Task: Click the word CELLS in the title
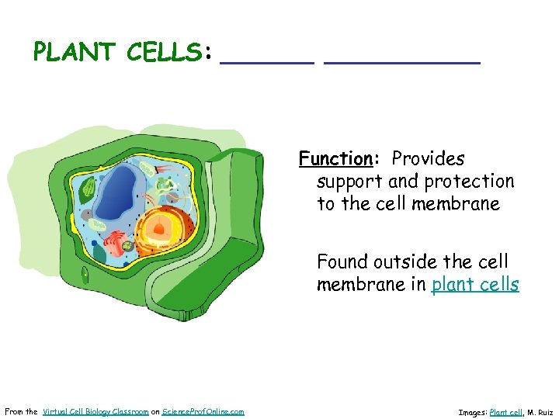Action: (164, 52)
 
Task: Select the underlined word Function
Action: (336, 159)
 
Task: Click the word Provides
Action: (428, 159)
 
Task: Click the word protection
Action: (467, 182)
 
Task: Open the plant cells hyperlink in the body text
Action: (475, 285)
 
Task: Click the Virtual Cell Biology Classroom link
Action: (95, 411)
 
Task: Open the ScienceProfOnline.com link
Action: (203, 411)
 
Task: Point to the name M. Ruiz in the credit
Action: (542, 412)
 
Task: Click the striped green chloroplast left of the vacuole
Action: (89, 187)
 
